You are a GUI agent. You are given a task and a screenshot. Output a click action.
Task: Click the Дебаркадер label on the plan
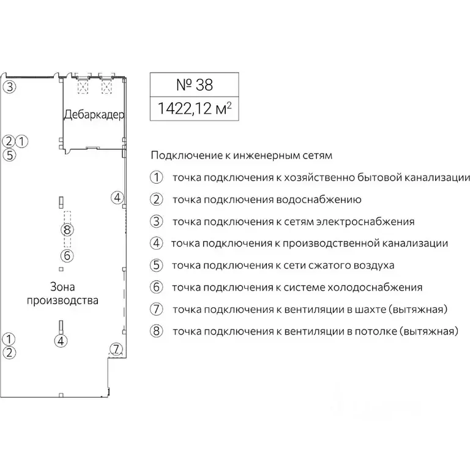pyautogui.click(x=94, y=114)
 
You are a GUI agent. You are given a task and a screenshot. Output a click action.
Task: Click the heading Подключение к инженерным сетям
pyautogui.click(x=241, y=155)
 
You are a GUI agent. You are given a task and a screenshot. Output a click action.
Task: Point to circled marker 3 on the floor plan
pyautogui.click(x=9, y=86)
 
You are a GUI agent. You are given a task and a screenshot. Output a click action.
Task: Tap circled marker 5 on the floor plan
pyautogui.click(x=9, y=154)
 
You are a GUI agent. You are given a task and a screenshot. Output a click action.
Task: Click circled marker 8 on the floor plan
pyautogui.click(x=67, y=230)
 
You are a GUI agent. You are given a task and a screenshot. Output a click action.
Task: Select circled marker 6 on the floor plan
pyautogui.click(x=67, y=256)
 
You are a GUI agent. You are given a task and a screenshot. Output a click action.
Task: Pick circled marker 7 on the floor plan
pyautogui.click(x=116, y=350)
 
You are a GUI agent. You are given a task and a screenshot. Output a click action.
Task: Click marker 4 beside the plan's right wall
pyautogui.click(x=117, y=197)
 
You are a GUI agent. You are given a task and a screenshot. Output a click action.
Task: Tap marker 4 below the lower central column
pyautogui.click(x=60, y=341)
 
